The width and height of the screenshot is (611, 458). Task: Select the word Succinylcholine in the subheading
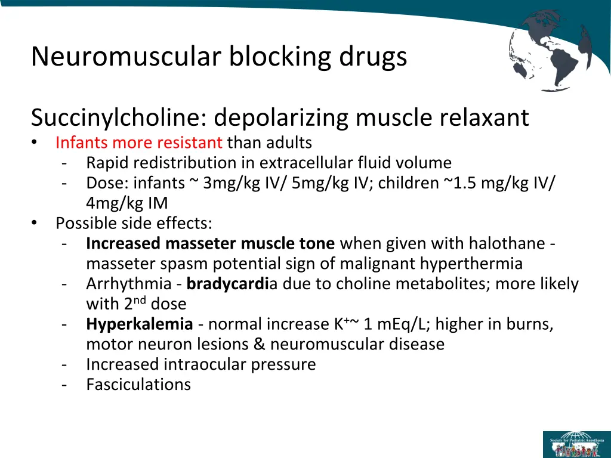tap(116, 117)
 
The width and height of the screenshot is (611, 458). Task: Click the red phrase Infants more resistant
tap(138, 143)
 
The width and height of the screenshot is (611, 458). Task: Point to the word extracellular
tap(307, 163)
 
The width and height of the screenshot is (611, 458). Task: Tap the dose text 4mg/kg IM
tap(126, 203)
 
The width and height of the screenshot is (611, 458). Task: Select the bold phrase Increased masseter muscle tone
tap(211, 244)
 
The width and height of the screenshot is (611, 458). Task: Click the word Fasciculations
tap(138, 385)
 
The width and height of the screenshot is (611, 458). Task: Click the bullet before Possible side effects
tap(35, 224)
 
